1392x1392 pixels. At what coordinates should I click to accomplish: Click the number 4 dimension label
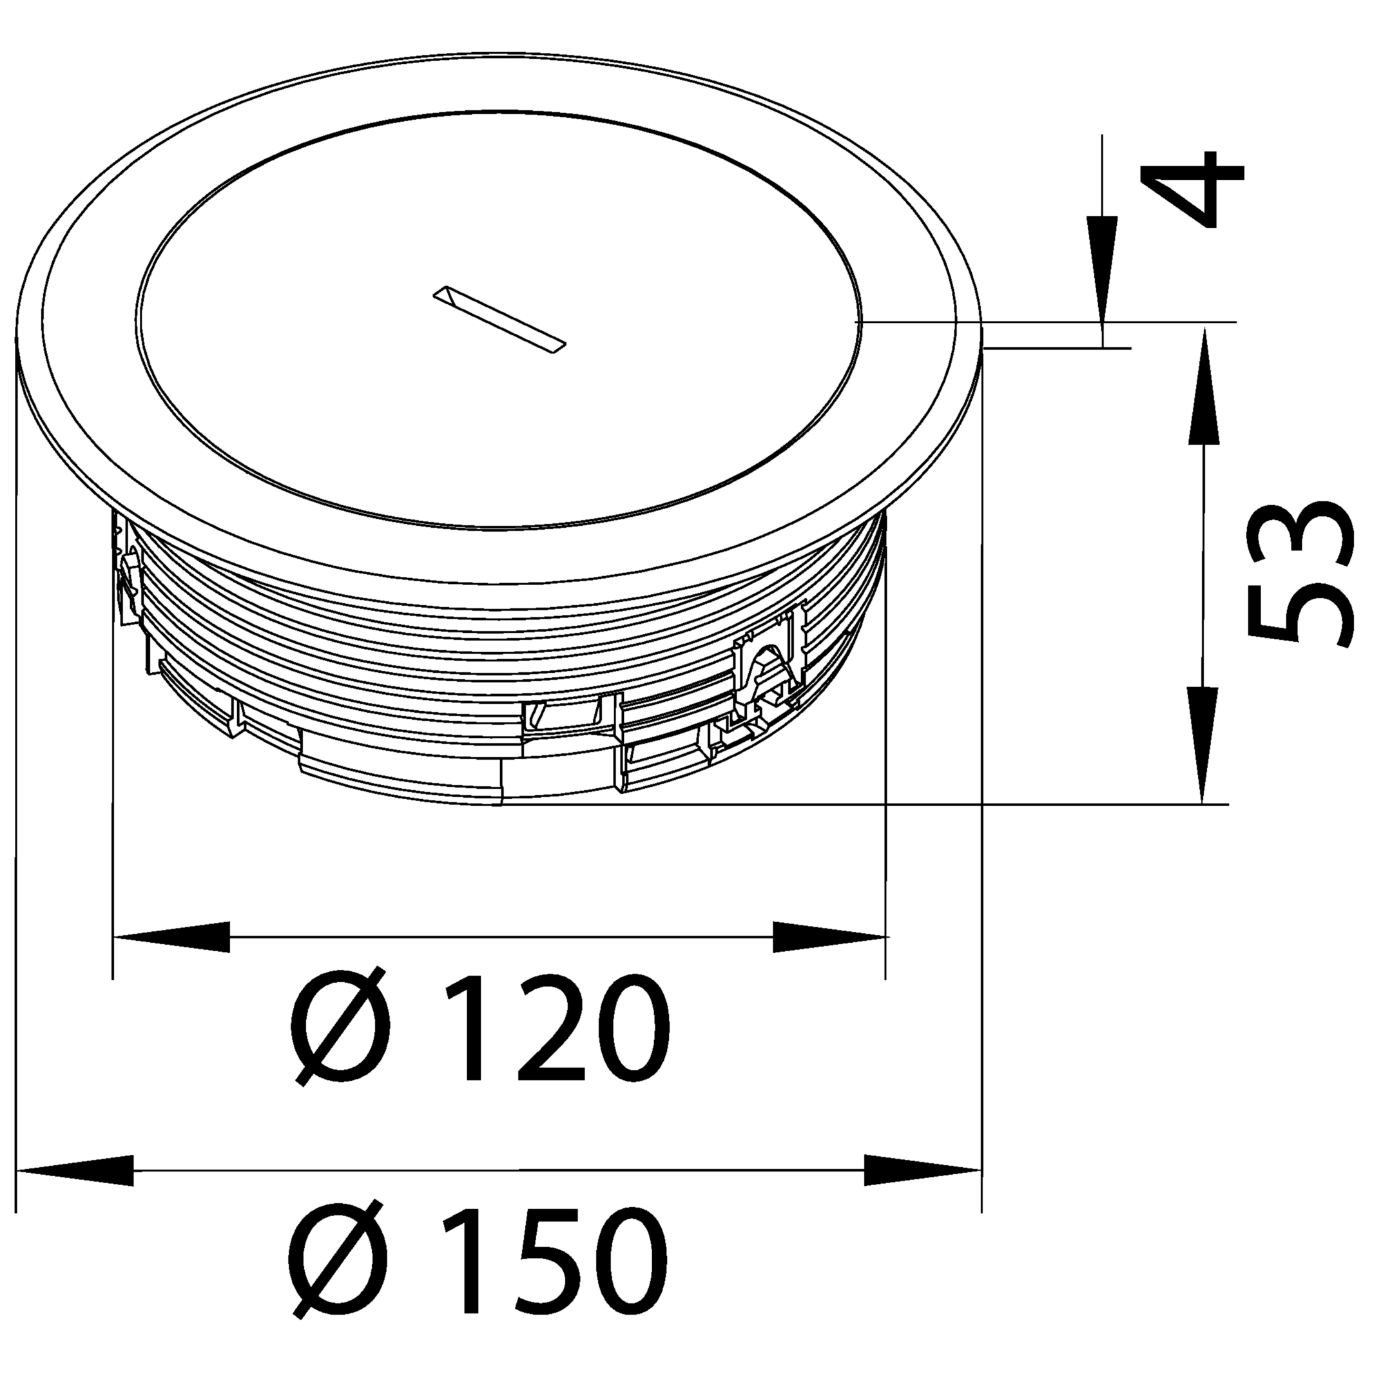tap(1192, 189)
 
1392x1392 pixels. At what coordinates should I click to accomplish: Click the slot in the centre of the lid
tap(500, 320)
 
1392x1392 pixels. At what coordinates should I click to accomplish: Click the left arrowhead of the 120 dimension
tap(171, 936)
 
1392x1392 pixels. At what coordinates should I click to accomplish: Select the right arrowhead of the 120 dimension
tap(829, 936)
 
